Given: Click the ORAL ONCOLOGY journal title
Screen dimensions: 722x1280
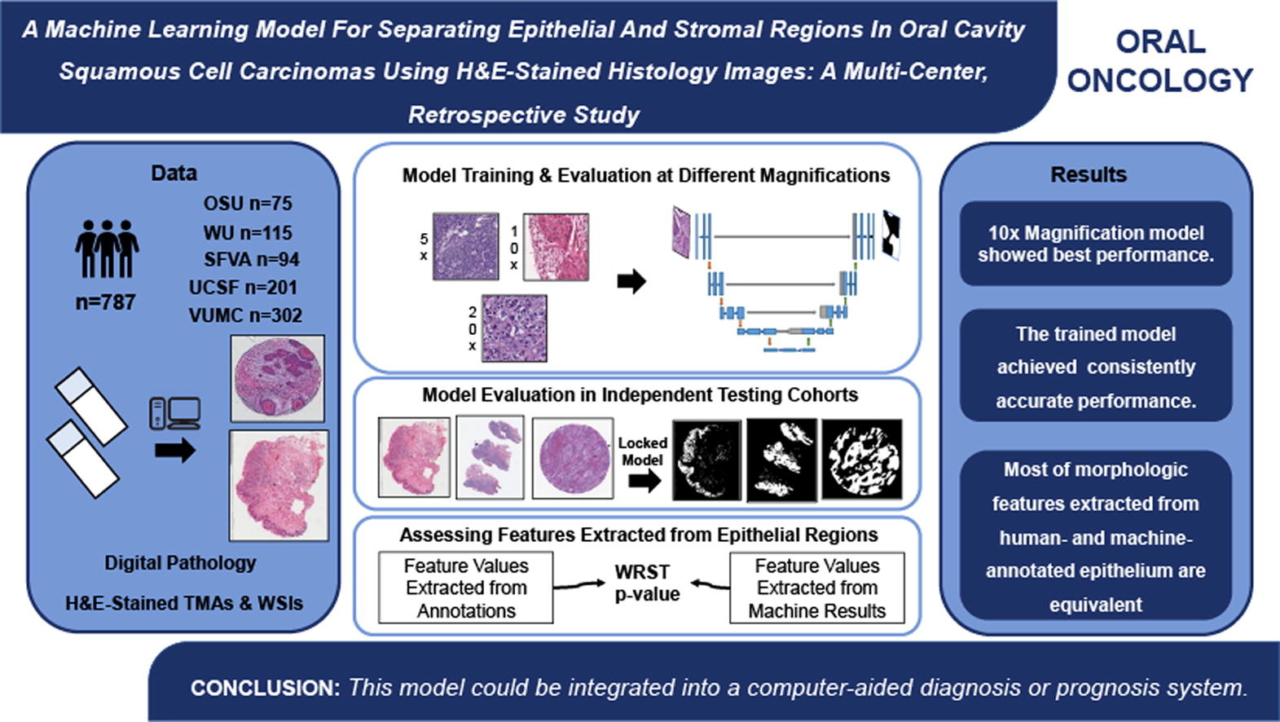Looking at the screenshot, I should coord(1159,61).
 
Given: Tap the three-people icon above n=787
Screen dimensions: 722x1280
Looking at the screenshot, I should coord(107,249).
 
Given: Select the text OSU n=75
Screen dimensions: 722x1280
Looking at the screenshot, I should coord(248,203).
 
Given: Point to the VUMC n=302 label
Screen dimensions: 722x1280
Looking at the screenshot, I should coord(245,315).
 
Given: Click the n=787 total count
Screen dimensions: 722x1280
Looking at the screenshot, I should coord(105,302).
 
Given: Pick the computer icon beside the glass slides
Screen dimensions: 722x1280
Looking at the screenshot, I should coord(175,413).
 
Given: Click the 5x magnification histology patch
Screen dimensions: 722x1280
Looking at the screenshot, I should coord(465,246).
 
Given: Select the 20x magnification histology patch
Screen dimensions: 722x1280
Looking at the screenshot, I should coord(514,328).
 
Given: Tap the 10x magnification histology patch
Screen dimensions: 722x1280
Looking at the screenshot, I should coord(556,246).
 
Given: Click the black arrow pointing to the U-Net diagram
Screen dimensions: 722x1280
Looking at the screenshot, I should coord(631,282).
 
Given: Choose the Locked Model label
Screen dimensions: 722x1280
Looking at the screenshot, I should coord(642,451).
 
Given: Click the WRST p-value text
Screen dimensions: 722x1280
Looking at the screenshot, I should coord(647,583).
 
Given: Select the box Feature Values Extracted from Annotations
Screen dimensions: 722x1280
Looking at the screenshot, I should coord(466,588).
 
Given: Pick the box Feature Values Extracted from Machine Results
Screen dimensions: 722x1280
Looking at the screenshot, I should coord(816,588).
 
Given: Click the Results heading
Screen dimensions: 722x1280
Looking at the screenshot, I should coord(1088,174).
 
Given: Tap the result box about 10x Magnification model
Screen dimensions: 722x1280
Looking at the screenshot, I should coord(1096,244).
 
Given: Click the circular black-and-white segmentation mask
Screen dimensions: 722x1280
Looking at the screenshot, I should coord(862,459).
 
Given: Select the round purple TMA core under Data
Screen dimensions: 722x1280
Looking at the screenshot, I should coord(278,378).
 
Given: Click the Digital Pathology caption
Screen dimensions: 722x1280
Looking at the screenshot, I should coord(180,563).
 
